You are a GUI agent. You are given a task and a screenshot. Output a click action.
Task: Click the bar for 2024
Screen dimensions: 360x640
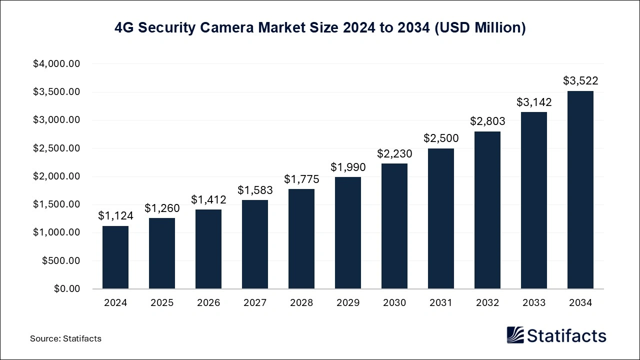115,257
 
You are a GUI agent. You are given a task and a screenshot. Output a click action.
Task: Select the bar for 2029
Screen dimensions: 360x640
348,233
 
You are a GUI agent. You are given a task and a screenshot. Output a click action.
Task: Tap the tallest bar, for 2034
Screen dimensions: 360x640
580,190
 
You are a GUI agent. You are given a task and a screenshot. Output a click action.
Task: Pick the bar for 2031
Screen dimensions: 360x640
441,218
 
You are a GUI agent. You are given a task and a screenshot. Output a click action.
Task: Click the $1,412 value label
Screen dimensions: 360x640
208,200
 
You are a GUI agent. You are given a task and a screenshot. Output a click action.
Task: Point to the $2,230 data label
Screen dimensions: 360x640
394,154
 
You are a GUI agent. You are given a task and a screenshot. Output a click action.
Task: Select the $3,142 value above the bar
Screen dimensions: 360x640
534,102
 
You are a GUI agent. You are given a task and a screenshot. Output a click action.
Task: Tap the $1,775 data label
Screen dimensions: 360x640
301,179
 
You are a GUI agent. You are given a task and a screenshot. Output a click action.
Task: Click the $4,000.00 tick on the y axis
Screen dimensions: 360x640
56,64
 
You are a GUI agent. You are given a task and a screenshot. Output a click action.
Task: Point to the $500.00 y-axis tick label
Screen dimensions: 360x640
61,260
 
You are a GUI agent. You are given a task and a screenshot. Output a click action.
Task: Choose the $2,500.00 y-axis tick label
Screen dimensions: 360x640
56,148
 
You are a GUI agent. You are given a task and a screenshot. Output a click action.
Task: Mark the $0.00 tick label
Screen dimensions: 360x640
66,288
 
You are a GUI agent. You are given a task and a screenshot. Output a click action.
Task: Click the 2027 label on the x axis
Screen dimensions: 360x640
255,303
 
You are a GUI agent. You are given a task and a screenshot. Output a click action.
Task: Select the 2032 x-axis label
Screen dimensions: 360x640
487,303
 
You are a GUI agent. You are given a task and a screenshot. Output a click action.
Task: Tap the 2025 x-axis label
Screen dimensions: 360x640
162,303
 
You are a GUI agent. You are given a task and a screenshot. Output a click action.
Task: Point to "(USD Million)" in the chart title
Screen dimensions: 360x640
479,28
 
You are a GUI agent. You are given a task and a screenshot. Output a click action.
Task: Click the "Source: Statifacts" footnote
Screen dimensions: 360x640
65,338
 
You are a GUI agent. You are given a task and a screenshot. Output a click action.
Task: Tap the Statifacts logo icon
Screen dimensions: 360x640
515,335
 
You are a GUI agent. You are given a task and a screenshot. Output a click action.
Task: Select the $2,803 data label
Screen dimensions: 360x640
487,121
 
